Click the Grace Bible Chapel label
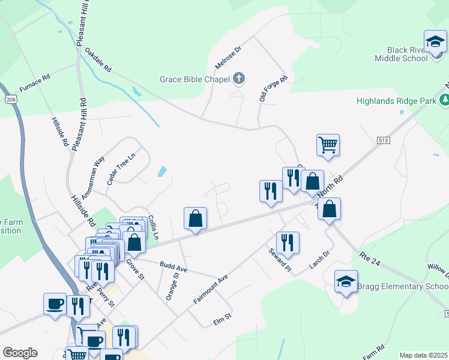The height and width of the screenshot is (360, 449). (194, 79)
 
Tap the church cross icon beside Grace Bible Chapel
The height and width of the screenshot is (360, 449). (239, 78)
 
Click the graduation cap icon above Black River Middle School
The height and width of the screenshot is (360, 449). (435, 41)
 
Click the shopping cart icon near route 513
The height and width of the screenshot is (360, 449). (328, 145)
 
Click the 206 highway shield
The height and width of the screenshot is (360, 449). (10, 97)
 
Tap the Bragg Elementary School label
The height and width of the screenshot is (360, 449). (402, 286)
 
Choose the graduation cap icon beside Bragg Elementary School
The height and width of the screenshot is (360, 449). (346, 282)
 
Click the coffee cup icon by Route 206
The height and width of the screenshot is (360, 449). (55, 303)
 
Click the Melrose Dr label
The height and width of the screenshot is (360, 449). (228, 56)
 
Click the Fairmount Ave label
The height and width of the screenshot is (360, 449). (211, 289)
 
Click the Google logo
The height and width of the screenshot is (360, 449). (20, 353)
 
